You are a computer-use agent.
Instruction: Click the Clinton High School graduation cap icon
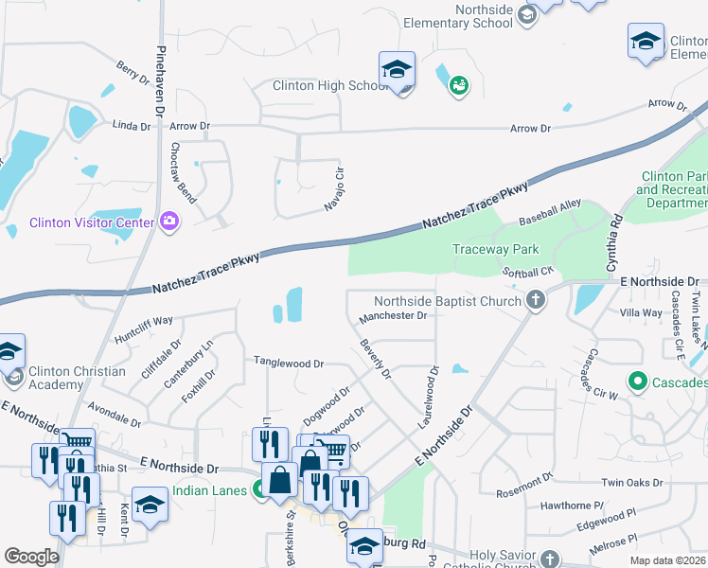pos(398,68)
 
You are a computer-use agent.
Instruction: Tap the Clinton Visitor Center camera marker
pos(170,221)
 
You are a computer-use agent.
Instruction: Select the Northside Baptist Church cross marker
pos(536,302)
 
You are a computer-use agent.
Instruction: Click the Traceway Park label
pos(495,250)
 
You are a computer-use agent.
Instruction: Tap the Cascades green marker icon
pos(637,382)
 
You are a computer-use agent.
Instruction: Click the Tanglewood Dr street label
pos(288,363)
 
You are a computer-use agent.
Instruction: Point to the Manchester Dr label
pos(395,316)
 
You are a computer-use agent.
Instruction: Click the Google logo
pos(30,556)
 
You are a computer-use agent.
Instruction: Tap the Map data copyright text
pos(667,560)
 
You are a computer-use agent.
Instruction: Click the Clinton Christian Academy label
pos(77,378)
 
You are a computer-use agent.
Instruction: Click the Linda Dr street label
pos(132,125)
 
